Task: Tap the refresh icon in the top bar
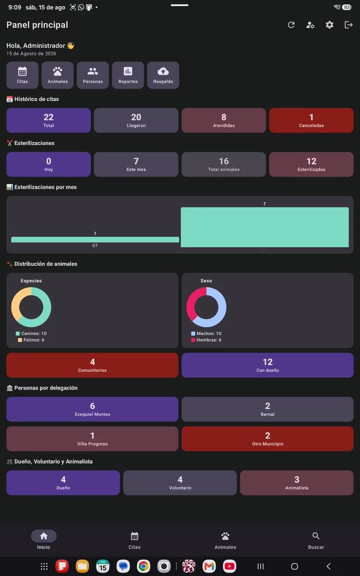coord(291,25)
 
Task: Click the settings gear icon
coord(329,25)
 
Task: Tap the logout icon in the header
coord(348,25)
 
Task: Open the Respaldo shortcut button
coord(163,75)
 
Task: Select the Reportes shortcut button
coord(128,75)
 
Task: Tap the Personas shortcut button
coord(93,75)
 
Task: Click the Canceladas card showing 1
coord(311,120)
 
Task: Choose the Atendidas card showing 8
coord(224,120)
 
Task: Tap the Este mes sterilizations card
coord(136,164)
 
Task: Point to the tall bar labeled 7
coord(264,228)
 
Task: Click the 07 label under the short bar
coord(95,246)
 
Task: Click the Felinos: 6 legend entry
coord(31,340)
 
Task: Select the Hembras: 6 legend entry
coord(206,340)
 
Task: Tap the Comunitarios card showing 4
coord(92,365)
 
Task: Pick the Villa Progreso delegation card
coord(92,439)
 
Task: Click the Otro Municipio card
coord(267,439)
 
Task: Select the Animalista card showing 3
coord(297,483)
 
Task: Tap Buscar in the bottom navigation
coord(316,540)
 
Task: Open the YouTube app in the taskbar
coord(229,566)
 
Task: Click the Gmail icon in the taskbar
coord(209,566)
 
